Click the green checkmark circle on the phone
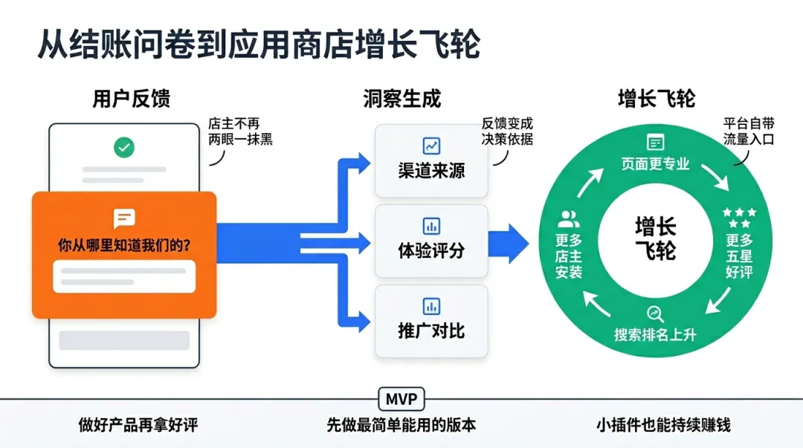(124, 147)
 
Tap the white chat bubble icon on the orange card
(124, 218)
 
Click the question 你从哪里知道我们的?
(124, 245)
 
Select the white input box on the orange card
(124, 276)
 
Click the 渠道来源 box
(431, 160)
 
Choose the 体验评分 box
(431, 241)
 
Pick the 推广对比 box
(431, 321)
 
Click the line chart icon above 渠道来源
(431, 146)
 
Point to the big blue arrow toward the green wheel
(508, 244)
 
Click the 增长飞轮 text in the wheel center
(656, 238)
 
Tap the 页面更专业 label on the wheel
(656, 164)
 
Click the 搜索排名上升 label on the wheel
(656, 335)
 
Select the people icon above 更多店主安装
(569, 219)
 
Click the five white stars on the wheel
(740, 218)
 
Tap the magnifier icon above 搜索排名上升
(655, 314)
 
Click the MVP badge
(401, 399)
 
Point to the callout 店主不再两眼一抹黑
(240, 132)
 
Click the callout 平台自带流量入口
(749, 132)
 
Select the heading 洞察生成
(402, 99)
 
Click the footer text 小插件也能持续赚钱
(663, 425)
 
